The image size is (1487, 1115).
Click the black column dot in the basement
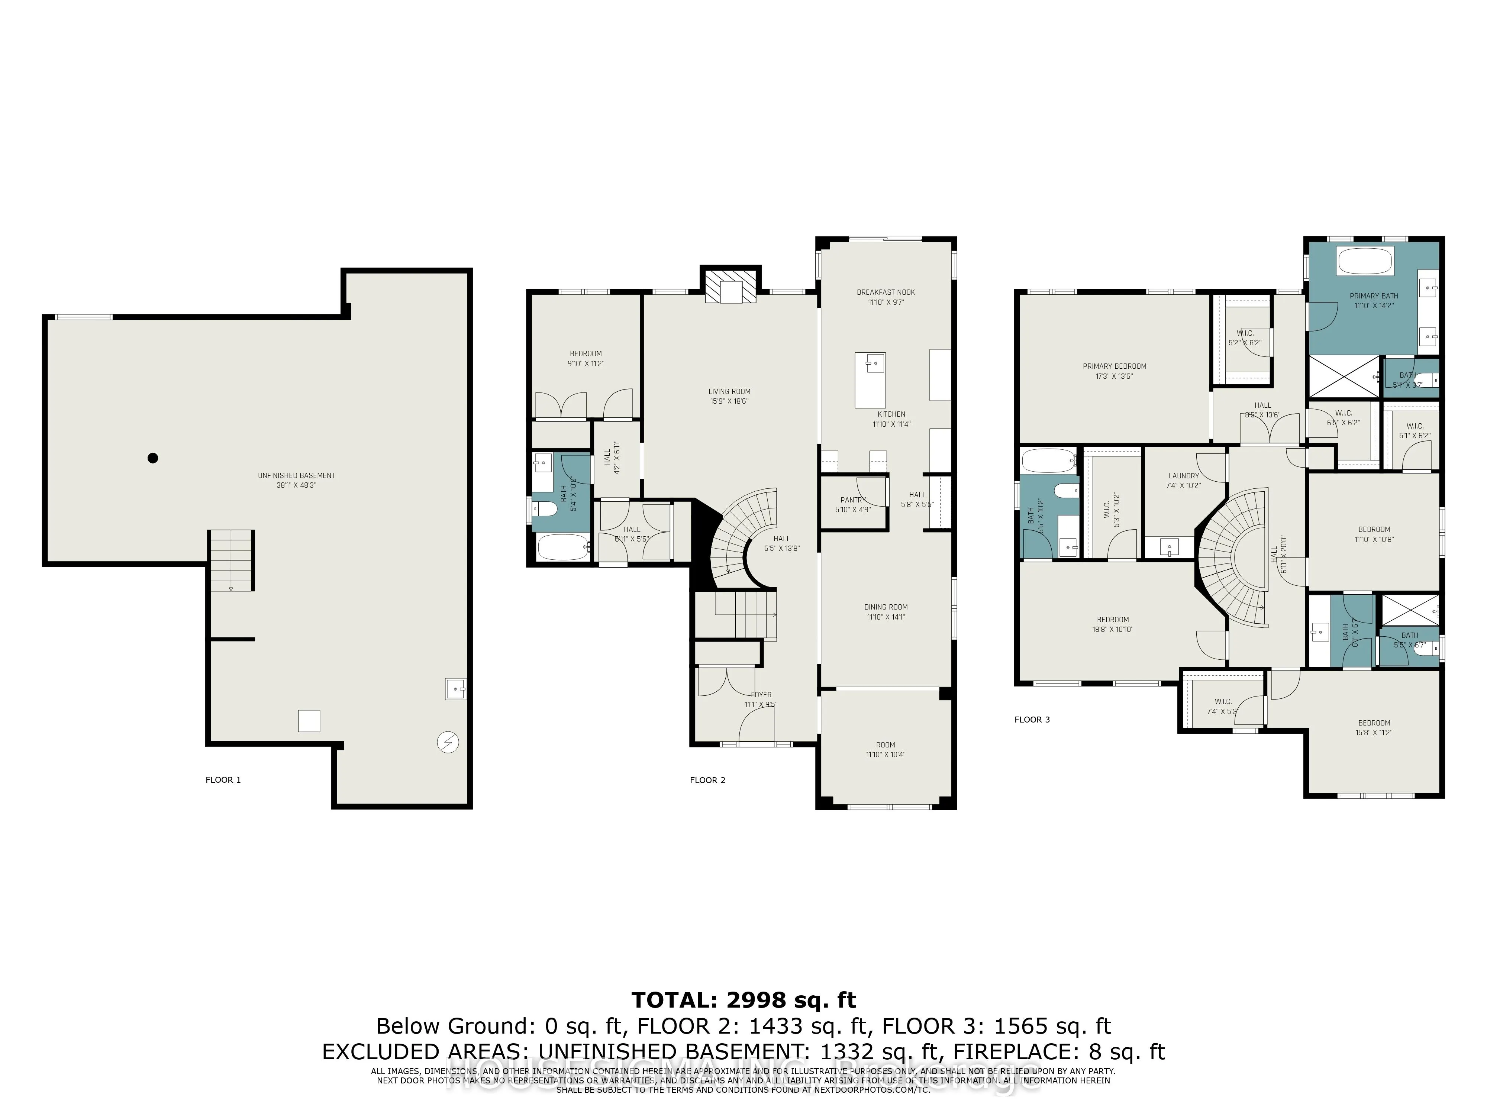152,458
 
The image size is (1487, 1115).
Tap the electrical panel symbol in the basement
447,742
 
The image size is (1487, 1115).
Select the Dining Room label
886,612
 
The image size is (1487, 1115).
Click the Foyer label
761,699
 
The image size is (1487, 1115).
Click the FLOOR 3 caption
1032,719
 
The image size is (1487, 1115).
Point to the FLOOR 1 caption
223,780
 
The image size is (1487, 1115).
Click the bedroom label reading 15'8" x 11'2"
1373,728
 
